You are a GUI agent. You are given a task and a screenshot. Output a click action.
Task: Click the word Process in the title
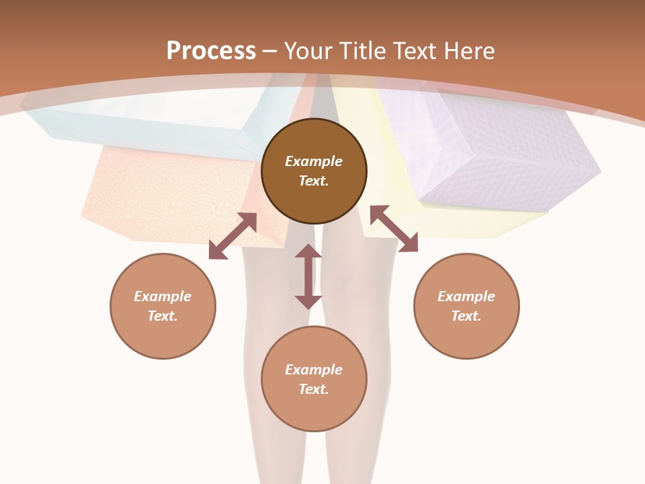(x=211, y=51)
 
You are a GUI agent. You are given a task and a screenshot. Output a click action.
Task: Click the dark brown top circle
(x=314, y=171)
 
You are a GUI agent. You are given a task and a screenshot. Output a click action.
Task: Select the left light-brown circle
(x=163, y=306)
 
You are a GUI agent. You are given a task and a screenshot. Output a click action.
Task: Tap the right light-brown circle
(x=466, y=306)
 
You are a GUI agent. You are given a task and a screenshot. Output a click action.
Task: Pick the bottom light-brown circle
(x=314, y=379)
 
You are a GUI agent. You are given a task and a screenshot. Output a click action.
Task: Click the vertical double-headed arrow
(x=308, y=276)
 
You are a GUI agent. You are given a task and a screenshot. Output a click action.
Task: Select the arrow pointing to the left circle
(x=232, y=236)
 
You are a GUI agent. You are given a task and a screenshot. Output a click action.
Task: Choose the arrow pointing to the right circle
(x=394, y=229)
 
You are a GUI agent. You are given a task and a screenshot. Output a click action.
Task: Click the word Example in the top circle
(x=314, y=161)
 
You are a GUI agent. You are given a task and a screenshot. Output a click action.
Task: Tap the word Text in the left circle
(x=163, y=316)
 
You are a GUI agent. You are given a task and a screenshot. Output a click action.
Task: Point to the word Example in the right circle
(x=466, y=296)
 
